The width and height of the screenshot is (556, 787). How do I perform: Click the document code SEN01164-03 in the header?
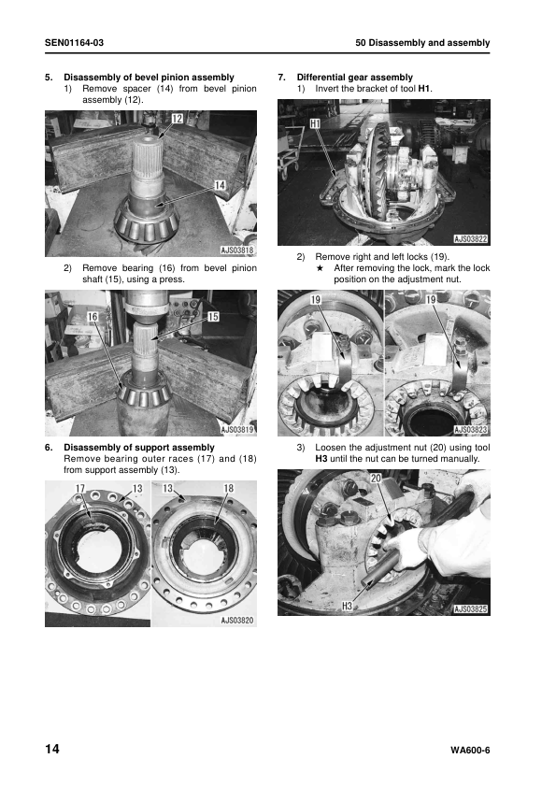(x=74, y=43)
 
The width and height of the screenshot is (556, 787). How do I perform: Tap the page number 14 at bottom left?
(x=52, y=749)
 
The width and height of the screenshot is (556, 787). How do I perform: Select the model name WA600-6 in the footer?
(x=470, y=751)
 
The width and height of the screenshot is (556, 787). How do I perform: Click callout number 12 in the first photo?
(x=178, y=119)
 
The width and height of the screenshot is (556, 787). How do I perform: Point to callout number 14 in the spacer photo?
(x=220, y=186)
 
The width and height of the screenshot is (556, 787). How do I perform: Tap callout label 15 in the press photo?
(x=213, y=316)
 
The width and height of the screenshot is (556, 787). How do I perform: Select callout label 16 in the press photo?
(x=93, y=316)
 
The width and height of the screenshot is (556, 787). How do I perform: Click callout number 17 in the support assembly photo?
(x=80, y=488)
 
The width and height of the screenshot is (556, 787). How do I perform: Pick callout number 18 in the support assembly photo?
(x=228, y=488)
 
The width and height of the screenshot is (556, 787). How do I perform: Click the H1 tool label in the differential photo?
(x=315, y=123)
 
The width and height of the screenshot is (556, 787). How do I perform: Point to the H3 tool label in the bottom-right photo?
(x=347, y=606)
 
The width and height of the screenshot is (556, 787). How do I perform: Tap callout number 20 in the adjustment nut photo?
(x=376, y=479)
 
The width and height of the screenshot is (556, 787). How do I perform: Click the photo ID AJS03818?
(x=237, y=250)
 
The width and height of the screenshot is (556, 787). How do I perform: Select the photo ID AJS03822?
(x=471, y=239)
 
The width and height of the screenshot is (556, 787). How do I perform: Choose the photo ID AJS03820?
(x=237, y=621)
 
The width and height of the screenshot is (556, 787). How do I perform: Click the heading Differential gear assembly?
(x=355, y=78)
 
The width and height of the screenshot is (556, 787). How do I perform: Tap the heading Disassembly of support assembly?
(x=139, y=447)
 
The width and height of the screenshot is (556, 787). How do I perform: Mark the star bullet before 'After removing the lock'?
(x=320, y=268)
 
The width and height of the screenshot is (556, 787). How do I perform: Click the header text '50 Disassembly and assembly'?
(x=422, y=43)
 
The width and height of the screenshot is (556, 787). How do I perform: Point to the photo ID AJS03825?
(x=471, y=608)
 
